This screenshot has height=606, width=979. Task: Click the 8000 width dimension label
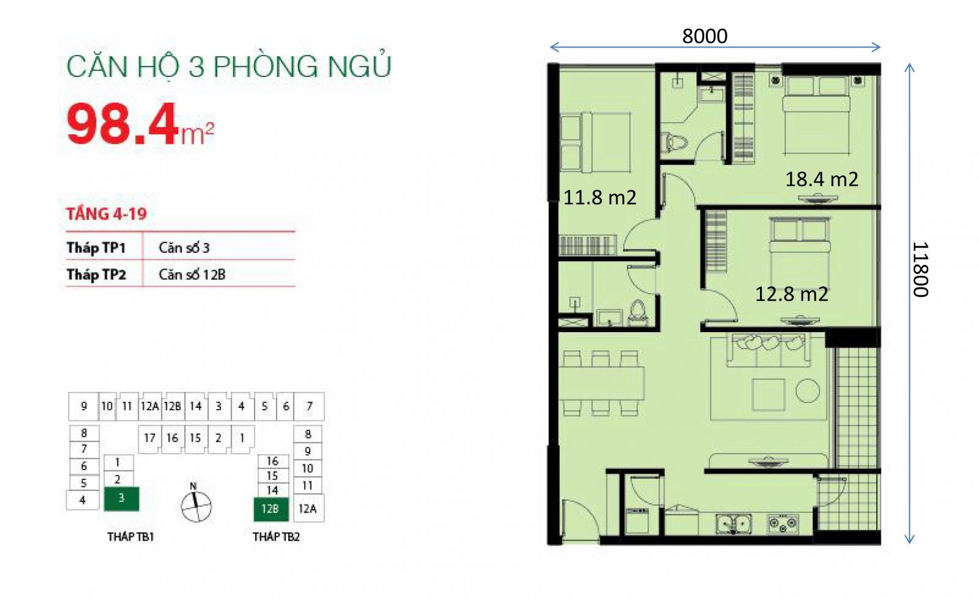[704, 36]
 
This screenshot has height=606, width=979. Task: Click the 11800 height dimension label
[921, 270]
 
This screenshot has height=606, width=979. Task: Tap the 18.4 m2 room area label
[822, 179]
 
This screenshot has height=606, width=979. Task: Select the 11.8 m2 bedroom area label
[600, 198]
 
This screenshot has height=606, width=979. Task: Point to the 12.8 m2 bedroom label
[792, 294]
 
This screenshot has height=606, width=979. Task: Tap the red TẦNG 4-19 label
[106, 213]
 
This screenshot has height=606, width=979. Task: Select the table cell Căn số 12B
[192, 275]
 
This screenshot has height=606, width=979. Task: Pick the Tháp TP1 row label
[96, 248]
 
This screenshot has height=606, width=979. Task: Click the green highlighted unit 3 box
[122, 498]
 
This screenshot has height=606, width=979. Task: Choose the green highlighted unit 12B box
[271, 509]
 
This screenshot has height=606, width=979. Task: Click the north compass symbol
[196, 506]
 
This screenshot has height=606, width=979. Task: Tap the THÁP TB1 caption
[131, 537]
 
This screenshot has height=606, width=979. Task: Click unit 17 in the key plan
[149, 438]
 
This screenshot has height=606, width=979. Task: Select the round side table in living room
[807, 390]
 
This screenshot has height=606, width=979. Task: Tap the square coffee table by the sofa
[768, 394]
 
